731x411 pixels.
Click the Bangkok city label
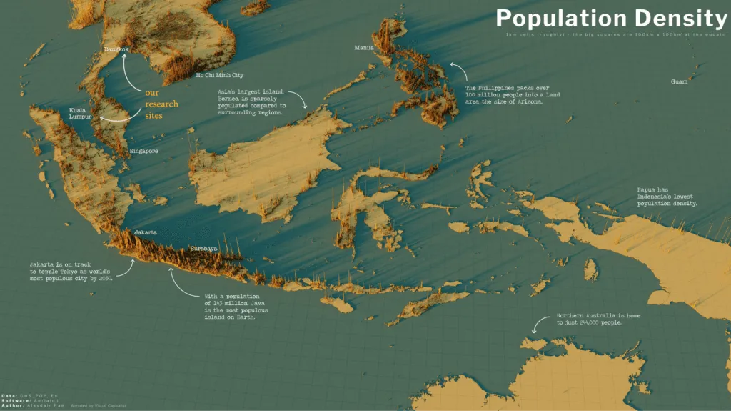116,49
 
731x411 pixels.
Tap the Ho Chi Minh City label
220,75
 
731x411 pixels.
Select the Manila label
364,48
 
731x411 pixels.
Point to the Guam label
680,81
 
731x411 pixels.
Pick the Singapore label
143,152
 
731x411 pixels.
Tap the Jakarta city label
145,232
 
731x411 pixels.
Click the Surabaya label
203,249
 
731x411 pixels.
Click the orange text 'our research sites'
161,104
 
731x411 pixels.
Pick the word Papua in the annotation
648,189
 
